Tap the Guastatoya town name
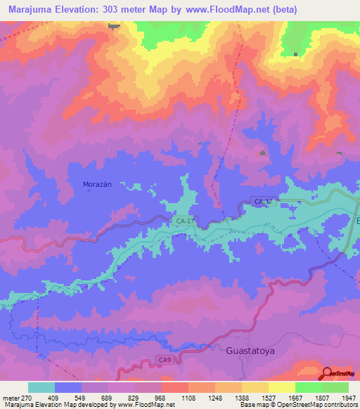(251, 349)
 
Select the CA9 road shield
(164, 361)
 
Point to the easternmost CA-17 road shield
(262, 202)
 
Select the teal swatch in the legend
(41, 387)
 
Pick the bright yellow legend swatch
(282, 387)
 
